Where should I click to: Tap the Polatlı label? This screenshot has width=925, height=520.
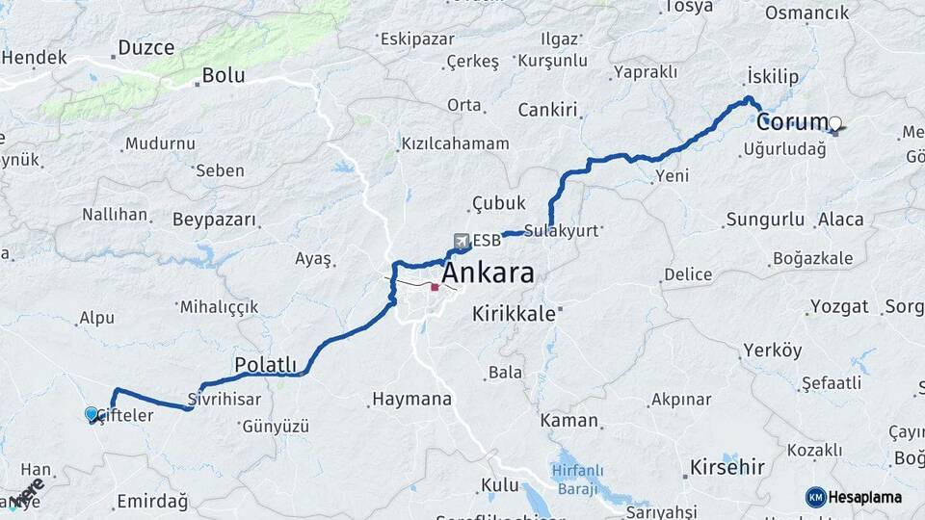[265, 364]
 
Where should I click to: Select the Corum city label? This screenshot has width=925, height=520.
[791, 122]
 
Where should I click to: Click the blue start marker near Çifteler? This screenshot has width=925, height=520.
[92, 414]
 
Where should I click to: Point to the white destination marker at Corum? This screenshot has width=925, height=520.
[835, 123]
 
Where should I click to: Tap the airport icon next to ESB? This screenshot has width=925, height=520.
[462, 241]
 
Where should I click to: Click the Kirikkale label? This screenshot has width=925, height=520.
[515, 314]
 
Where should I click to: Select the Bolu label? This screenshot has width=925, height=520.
[223, 75]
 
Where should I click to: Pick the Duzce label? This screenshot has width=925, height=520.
[145, 47]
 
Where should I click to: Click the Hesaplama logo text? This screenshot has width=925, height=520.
[863, 497]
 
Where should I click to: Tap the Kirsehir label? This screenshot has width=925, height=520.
[727, 468]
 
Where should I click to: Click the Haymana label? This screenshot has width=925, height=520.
[411, 398]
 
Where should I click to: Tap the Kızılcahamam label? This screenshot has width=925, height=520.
[455, 143]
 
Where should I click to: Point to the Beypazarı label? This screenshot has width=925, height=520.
[215, 220]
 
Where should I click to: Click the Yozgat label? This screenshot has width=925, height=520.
[839, 307]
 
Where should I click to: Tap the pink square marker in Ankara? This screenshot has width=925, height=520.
[436, 287]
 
